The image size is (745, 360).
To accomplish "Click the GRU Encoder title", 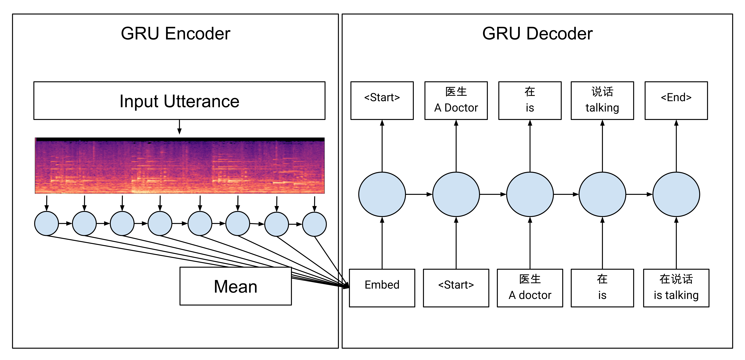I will pos(176,34).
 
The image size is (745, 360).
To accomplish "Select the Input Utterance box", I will pos(179,101).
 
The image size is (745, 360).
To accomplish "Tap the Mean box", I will pos(235,286).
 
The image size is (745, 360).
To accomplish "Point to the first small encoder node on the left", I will pos(46,224).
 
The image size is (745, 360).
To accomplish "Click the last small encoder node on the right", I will pos(314,224).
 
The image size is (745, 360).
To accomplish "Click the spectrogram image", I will pos(179,166).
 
